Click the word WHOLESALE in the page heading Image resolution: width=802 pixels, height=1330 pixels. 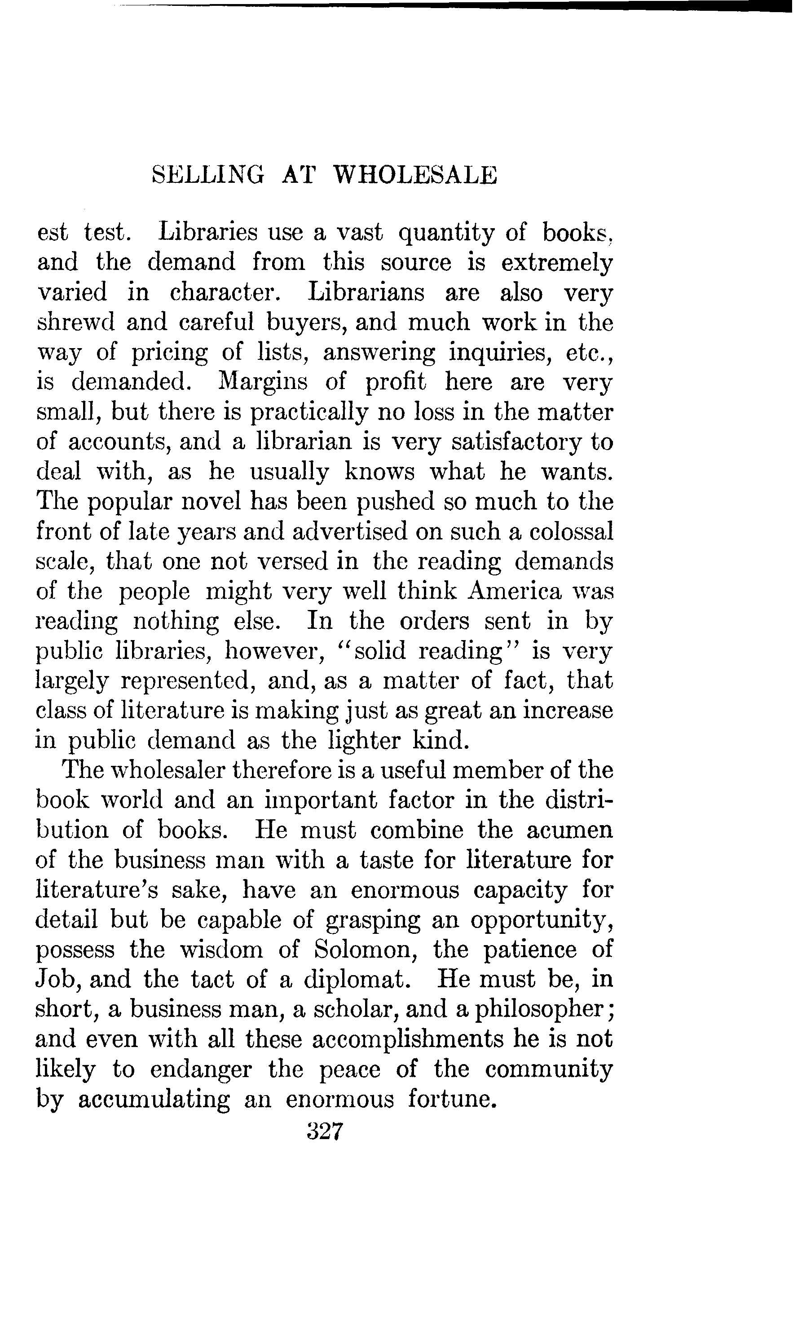point(415,176)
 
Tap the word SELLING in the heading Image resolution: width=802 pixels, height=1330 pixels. point(208,176)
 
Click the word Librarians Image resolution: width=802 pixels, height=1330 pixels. point(366,292)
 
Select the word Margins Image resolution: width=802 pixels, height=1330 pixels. point(263,382)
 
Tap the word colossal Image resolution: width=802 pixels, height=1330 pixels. point(571,532)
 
